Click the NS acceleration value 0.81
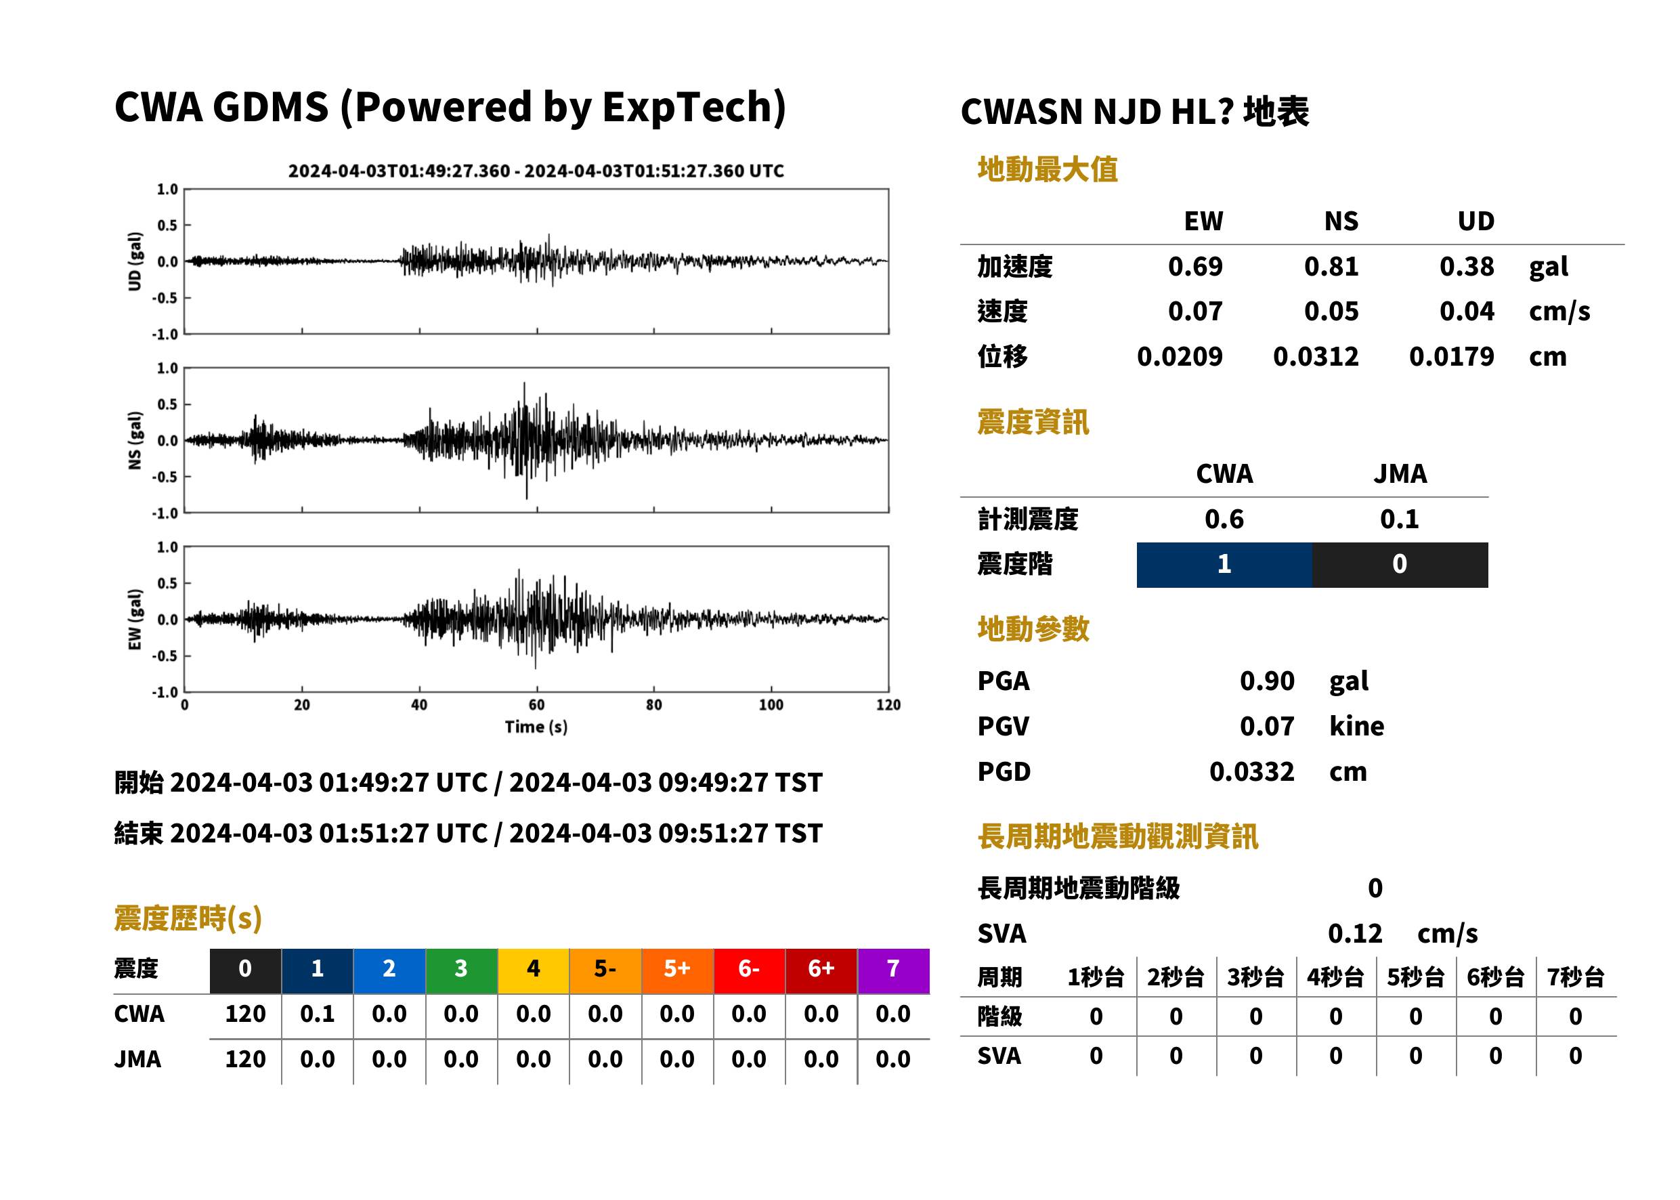(1331, 266)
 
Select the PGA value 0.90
(1266, 681)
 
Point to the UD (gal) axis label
(135, 261)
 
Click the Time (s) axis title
(536, 727)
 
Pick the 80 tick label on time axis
(654, 704)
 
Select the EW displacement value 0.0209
(1179, 356)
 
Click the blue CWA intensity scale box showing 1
(1224, 565)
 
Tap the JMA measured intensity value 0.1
(1399, 519)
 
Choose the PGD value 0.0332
(1251, 771)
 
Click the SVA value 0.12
(1355, 933)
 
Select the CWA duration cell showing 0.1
(318, 1014)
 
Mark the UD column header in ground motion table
(1476, 221)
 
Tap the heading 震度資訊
(1033, 422)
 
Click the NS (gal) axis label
(135, 440)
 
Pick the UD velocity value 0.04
(1467, 311)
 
